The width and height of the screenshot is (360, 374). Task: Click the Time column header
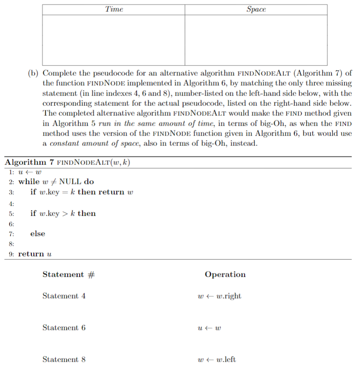coord(114,9)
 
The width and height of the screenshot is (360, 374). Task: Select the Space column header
coord(256,9)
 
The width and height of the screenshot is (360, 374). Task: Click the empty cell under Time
coord(114,40)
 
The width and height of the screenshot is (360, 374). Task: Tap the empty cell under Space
coord(256,40)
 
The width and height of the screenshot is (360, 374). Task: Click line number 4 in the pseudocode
coord(11,204)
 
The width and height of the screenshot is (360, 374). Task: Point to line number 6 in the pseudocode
coord(11,224)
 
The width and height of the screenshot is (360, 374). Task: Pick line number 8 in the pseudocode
coord(11,244)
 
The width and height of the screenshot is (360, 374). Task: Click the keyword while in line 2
coord(29,182)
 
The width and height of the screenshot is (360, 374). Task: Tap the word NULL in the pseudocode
coord(70,182)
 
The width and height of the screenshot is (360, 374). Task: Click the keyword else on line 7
coord(37,234)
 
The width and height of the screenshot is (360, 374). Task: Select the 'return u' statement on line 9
coord(35,254)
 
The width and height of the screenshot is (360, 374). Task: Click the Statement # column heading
coord(68,275)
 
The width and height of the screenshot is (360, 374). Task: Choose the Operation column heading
coord(225,275)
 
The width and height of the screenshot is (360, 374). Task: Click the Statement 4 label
coord(64,296)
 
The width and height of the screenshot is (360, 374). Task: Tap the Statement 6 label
coord(64,328)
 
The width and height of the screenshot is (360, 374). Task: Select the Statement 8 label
coord(64,360)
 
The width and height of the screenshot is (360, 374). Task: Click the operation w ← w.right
coord(220,296)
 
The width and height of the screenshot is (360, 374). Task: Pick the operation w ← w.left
coord(217,360)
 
